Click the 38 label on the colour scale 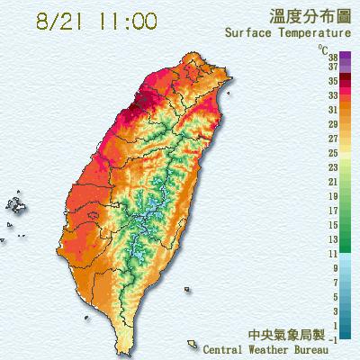coord(333,56)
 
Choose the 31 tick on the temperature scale coord(333,108)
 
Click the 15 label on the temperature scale coord(333,225)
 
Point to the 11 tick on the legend coord(333,255)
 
